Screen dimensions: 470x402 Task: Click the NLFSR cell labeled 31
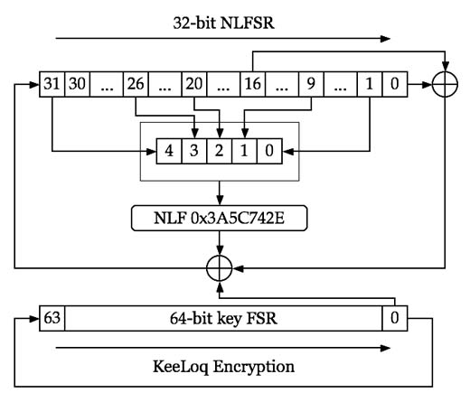(52, 84)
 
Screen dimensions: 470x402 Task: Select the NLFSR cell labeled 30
(77, 84)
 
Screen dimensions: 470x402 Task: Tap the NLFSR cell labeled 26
(136, 84)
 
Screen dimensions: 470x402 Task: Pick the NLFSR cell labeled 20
(194, 84)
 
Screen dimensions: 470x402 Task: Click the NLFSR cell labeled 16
(252, 84)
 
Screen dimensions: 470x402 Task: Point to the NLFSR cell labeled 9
(311, 84)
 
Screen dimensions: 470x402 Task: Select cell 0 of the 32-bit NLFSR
(395, 84)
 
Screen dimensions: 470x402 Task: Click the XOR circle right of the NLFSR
(445, 85)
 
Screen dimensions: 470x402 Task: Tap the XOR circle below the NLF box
(220, 268)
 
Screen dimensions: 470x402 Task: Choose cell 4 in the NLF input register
(169, 151)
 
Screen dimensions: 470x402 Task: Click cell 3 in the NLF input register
(194, 151)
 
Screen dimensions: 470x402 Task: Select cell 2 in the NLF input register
(220, 151)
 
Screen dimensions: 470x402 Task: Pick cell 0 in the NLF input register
(269, 151)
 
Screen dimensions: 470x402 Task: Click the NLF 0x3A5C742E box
(220, 218)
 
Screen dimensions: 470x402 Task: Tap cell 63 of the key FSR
(52, 318)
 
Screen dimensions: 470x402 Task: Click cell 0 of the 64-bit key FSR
(395, 318)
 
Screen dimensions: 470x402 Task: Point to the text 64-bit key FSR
(223, 319)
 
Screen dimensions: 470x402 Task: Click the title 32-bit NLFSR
(224, 23)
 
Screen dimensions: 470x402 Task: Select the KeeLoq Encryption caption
(223, 367)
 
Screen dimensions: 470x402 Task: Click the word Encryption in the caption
(254, 367)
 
